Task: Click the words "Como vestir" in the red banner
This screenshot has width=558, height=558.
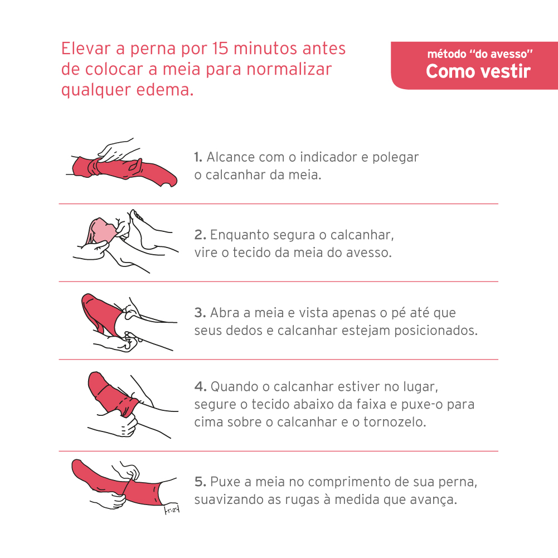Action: tap(478, 71)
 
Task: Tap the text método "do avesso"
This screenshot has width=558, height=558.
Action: tap(480, 54)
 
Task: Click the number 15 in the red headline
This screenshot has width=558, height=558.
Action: tap(220, 48)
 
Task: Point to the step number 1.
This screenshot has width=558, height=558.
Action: tap(198, 157)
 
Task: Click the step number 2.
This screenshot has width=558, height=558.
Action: tap(200, 235)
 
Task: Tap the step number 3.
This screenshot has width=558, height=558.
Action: tap(200, 313)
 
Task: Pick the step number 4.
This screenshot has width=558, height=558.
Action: tap(200, 386)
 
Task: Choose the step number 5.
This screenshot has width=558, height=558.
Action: tap(200, 482)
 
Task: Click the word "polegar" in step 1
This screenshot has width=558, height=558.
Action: tap(395, 158)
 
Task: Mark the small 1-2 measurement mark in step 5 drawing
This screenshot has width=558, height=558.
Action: tap(172, 510)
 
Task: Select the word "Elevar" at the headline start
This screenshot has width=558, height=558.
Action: tap(86, 48)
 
